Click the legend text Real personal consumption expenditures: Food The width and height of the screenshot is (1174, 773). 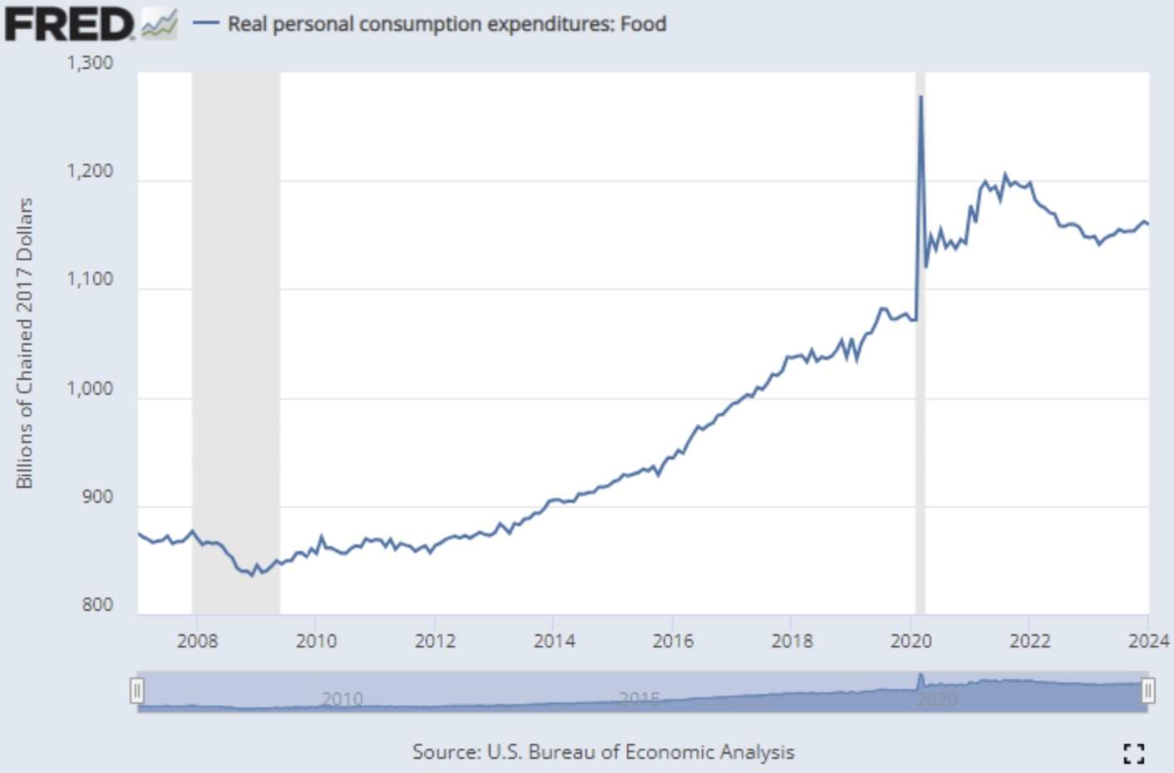coord(446,24)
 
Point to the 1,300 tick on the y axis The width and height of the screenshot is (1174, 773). coord(90,63)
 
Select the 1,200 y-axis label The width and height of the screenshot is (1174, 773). coord(90,172)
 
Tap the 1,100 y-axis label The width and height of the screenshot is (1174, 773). coord(90,280)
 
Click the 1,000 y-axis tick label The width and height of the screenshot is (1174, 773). coord(90,389)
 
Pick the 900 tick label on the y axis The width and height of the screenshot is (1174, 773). coord(97,497)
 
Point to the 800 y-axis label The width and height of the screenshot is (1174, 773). coord(97,605)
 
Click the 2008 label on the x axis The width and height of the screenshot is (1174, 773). coord(197,641)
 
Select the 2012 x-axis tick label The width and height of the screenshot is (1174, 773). coord(435,641)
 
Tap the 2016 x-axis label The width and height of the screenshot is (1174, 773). coord(673,641)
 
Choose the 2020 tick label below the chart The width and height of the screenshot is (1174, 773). coord(910,641)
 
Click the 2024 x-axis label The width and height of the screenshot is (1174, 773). coord(1148,641)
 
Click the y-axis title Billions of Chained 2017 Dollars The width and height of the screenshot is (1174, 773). coord(24,343)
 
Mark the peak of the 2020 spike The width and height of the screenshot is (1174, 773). coord(920,97)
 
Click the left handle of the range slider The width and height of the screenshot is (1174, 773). coord(137,691)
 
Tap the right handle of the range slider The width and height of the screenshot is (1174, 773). coord(1147,691)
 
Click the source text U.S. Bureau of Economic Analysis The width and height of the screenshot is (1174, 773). coord(603,752)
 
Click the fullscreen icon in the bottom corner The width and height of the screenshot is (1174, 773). coord(1133,753)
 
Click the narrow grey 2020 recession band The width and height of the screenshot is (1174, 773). coord(920,416)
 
